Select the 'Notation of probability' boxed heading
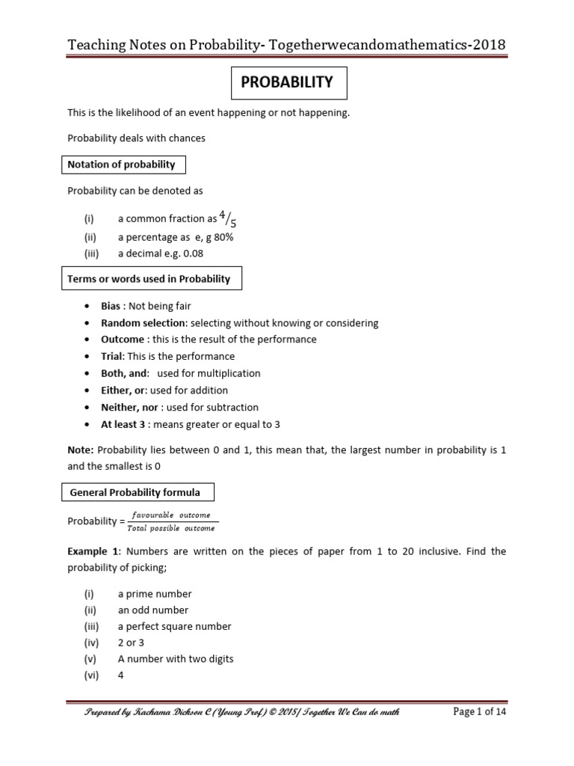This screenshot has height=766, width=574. pyautogui.click(x=122, y=165)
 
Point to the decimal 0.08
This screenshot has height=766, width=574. pyautogui.click(x=192, y=253)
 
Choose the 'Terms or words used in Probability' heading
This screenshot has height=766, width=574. pyautogui.click(x=149, y=279)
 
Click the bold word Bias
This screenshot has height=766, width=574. pyautogui.click(x=113, y=307)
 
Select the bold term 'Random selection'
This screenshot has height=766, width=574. pyautogui.click(x=143, y=323)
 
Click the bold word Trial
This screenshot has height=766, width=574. pyautogui.click(x=113, y=356)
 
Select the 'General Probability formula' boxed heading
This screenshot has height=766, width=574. pyautogui.click(x=135, y=492)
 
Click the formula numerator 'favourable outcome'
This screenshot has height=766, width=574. pyautogui.click(x=170, y=515)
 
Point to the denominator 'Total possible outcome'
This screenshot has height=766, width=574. pyautogui.click(x=170, y=528)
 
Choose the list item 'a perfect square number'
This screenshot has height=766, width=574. pyautogui.click(x=174, y=627)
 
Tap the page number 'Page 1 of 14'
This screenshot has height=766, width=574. pyautogui.click(x=480, y=711)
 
